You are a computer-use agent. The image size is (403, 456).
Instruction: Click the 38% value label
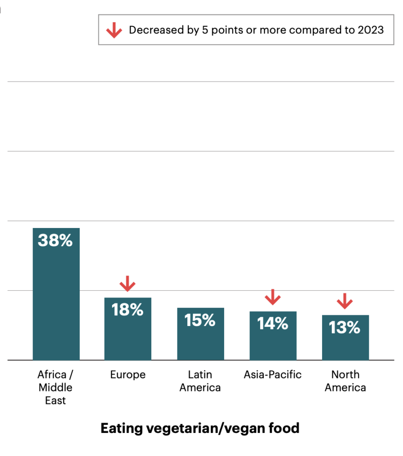[x=55, y=240]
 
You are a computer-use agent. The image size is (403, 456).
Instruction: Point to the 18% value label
[x=128, y=310]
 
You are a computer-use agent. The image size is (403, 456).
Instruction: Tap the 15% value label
[x=200, y=320]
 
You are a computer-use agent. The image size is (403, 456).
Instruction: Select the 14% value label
[x=273, y=324]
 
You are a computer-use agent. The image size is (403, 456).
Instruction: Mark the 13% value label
[x=345, y=328]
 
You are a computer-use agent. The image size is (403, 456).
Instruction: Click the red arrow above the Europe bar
[x=128, y=284]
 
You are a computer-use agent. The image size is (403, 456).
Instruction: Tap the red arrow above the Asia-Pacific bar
[x=273, y=297]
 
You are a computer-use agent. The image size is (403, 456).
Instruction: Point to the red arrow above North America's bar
[x=345, y=301]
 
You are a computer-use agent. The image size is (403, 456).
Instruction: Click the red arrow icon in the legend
[x=114, y=30]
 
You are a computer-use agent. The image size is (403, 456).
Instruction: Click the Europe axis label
[x=128, y=375]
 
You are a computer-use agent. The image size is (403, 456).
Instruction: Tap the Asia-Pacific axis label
[x=273, y=375]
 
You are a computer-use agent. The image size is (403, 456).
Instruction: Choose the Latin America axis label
[x=200, y=381]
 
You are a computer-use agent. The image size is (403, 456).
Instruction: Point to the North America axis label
[x=345, y=381]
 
